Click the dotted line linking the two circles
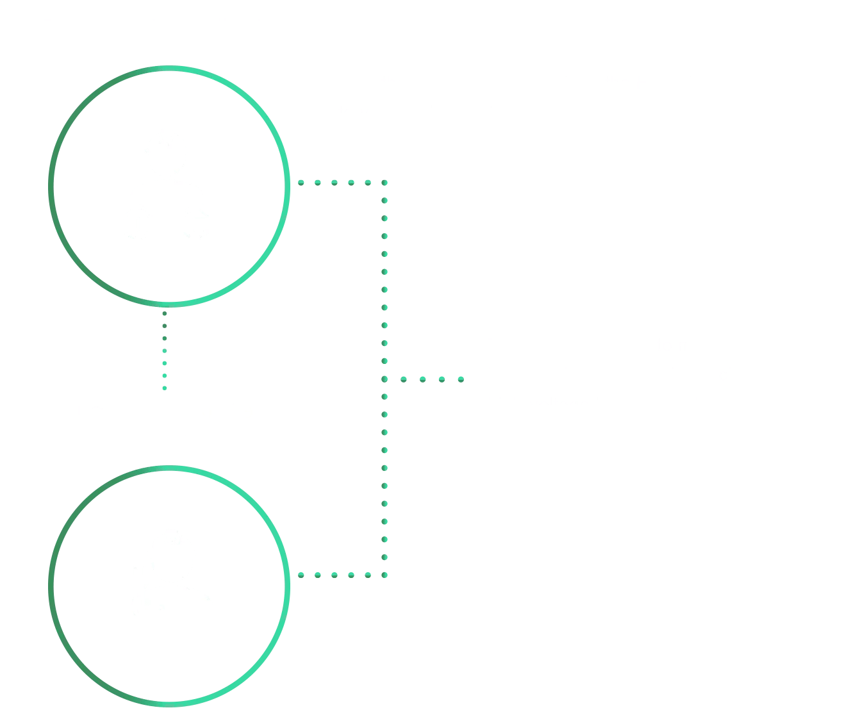point(165,350)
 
